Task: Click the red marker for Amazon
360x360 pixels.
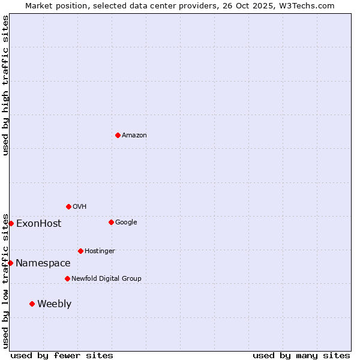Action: (118, 135)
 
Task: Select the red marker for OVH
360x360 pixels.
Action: (68, 206)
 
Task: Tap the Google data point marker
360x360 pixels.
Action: (111, 222)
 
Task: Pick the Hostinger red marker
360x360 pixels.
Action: (80, 251)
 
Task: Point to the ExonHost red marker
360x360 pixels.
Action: (11, 223)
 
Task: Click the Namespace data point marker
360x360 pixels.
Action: (10, 263)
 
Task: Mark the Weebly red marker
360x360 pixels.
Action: (32, 304)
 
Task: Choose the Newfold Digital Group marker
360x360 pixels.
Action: (67, 278)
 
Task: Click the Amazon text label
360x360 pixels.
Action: (134, 136)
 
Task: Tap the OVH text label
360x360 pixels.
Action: (80, 207)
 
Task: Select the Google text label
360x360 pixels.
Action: (126, 223)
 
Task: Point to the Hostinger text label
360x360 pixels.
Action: (100, 251)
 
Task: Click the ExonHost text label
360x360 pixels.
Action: (38, 224)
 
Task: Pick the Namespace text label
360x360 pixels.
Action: (43, 263)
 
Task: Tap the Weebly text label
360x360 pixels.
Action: (54, 304)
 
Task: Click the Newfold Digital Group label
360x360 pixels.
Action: (106, 278)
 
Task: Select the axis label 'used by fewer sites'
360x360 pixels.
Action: (62, 355)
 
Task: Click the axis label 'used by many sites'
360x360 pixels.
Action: (301, 355)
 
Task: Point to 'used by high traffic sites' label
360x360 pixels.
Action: (5, 85)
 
